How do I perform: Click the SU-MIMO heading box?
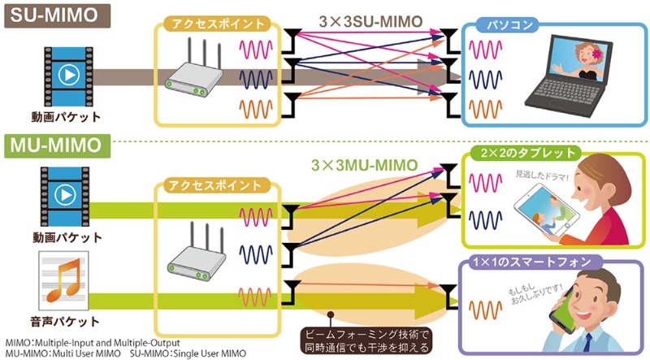[x=57, y=15]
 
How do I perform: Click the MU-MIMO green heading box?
[x=57, y=145]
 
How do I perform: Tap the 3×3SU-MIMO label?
[x=370, y=22]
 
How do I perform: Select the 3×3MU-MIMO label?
[x=364, y=165]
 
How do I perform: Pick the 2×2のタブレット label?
[x=528, y=153]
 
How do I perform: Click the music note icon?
[x=63, y=280]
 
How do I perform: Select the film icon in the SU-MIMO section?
[x=69, y=76]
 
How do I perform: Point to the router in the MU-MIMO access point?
[x=197, y=252]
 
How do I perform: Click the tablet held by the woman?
[x=546, y=210]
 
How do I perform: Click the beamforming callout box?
[x=366, y=340]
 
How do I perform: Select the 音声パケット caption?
[x=65, y=322]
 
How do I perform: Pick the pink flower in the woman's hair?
[x=596, y=54]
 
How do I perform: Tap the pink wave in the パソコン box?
[x=485, y=50]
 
